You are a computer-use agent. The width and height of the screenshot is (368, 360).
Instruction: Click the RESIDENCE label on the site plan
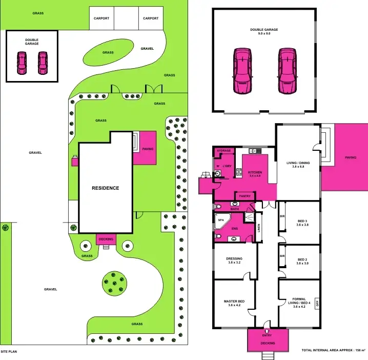pyautogui.click(x=106, y=188)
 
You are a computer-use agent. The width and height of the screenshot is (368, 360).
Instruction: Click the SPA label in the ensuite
pyautogui.click(x=221, y=219)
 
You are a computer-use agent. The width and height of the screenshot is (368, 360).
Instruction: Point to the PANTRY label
pyautogui.click(x=244, y=195)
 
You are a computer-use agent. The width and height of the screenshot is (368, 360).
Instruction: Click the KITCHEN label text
pyautogui.click(x=255, y=173)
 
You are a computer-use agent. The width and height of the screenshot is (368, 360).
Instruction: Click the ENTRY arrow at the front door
pyautogui.click(x=267, y=332)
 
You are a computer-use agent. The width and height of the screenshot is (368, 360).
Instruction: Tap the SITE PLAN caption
pyautogui.click(x=9, y=352)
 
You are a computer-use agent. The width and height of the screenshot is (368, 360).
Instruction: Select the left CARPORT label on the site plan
pyautogui.click(x=101, y=18)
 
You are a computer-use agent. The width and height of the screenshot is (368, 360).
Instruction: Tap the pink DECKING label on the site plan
pyautogui.click(x=106, y=239)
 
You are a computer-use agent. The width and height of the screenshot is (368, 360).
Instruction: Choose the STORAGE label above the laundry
pyautogui.click(x=224, y=151)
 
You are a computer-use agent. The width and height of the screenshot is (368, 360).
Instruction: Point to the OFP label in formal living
pyautogui.click(x=318, y=303)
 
